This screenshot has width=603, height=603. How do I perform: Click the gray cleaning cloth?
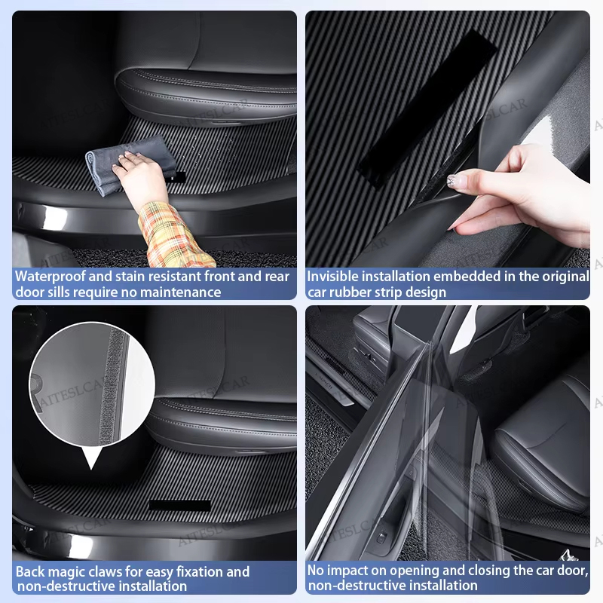click(127, 165)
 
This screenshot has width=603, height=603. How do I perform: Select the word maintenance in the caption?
click(180, 292)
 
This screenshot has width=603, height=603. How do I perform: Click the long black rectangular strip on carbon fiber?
click(426, 109)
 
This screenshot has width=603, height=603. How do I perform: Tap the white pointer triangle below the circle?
click(92, 458)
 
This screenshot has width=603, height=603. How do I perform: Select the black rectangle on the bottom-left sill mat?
click(180, 505)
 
